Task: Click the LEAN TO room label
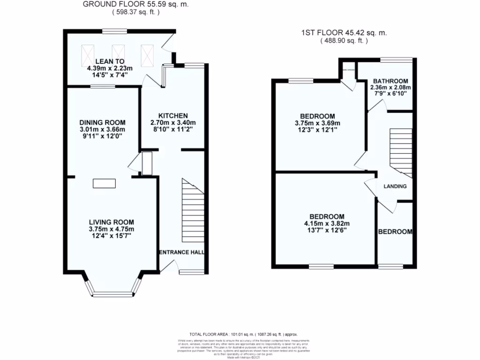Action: (x=110, y=61)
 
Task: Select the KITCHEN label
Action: (x=173, y=116)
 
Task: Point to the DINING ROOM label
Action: (x=102, y=122)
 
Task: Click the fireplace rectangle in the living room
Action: (x=104, y=183)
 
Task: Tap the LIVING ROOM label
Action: (x=112, y=222)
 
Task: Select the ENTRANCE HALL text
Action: (x=182, y=252)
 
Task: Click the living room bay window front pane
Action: (x=112, y=294)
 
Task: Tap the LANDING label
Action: (x=395, y=187)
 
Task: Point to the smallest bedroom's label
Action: (x=395, y=232)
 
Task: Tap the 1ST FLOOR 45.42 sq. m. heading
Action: (x=344, y=33)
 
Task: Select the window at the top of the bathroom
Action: (x=396, y=60)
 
